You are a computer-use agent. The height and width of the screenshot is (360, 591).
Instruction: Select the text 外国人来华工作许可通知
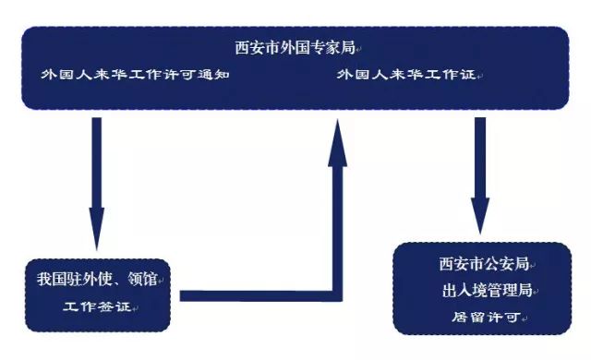[133, 75]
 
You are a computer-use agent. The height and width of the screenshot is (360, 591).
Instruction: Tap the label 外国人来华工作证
[405, 75]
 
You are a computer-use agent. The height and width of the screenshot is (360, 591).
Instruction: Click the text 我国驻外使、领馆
[92, 280]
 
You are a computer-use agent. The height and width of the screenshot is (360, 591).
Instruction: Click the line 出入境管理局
[488, 290]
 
